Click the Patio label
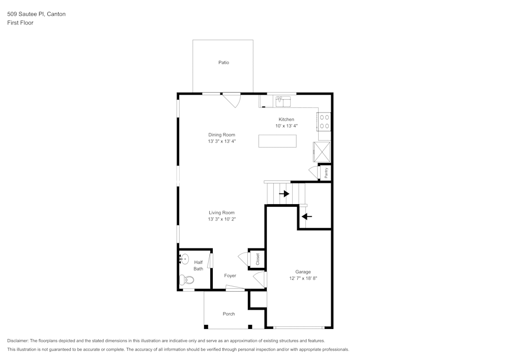tap(223, 63)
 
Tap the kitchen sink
tap(282, 101)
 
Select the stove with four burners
tap(324, 121)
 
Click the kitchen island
tap(277, 141)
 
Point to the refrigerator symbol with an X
tap(322, 152)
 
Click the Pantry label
tap(326, 173)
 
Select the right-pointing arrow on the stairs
tap(284, 193)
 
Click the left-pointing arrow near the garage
tap(306, 216)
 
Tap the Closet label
tap(258, 259)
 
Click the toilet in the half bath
tap(187, 279)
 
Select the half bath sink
tap(184, 259)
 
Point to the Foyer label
tap(230, 275)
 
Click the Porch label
tap(229, 314)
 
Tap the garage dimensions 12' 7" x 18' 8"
tap(303, 279)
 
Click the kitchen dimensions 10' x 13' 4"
tap(286, 126)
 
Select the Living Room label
tap(221, 212)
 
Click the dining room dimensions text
tap(221, 142)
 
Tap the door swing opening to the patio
tap(232, 99)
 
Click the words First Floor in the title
tap(20, 23)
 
